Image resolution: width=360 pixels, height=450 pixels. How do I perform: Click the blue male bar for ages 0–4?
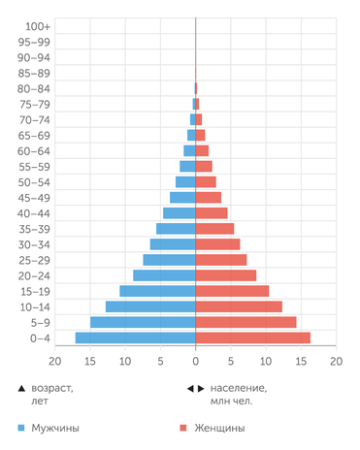(136, 337)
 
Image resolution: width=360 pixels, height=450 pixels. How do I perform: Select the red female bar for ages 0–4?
(253, 337)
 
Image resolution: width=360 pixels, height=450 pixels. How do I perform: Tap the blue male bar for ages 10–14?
(150, 306)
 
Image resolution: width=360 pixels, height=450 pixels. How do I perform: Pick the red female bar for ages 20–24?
(226, 275)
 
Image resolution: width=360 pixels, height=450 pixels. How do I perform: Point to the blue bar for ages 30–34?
(173, 244)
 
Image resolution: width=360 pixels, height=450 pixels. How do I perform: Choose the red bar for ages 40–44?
(212, 213)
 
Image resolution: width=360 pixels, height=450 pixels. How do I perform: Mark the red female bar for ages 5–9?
(246, 322)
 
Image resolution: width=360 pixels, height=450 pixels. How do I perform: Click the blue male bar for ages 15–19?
(157, 291)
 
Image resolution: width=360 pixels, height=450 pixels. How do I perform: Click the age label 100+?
(39, 26)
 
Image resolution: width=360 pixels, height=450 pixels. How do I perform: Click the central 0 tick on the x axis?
(196, 361)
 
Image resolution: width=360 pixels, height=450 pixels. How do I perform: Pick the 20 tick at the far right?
(336, 361)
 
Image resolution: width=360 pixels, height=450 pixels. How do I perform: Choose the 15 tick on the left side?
(90, 361)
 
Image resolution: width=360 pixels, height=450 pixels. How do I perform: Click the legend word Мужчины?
(55, 428)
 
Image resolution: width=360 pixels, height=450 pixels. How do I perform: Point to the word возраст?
(53, 388)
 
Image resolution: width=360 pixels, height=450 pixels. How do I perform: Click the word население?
(239, 388)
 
